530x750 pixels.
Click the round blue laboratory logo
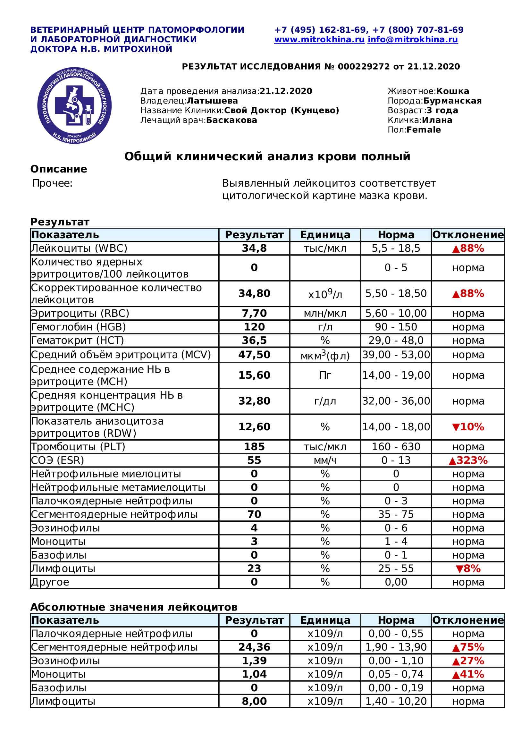pyautogui.click(x=74, y=105)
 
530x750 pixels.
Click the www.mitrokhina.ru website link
pyautogui.click(x=319, y=39)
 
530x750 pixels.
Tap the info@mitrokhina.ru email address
pyautogui.click(x=412, y=39)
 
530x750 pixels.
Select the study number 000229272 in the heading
pyautogui.click(x=364, y=67)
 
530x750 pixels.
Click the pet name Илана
pyautogui.click(x=437, y=120)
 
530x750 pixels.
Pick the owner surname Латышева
pyautogui.click(x=212, y=101)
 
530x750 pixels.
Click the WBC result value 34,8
pyautogui.click(x=254, y=248)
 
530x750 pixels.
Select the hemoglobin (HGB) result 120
pyautogui.click(x=254, y=327)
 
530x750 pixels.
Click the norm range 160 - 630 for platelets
pyautogui.click(x=396, y=447)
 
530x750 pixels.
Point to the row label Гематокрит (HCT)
pyautogui.click(x=77, y=341)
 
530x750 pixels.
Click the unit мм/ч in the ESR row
pyautogui.click(x=325, y=460)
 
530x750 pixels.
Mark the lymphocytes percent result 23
pyautogui.click(x=254, y=569)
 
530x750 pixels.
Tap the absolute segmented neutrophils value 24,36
pyautogui.click(x=254, y=647)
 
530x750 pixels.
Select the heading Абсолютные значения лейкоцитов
pyautogui.click(x=134, y=607)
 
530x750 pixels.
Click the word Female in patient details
pyautogui.click(x=424, y=130)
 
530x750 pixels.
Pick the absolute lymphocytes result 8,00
pyautogui.click(x=254, y=701)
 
